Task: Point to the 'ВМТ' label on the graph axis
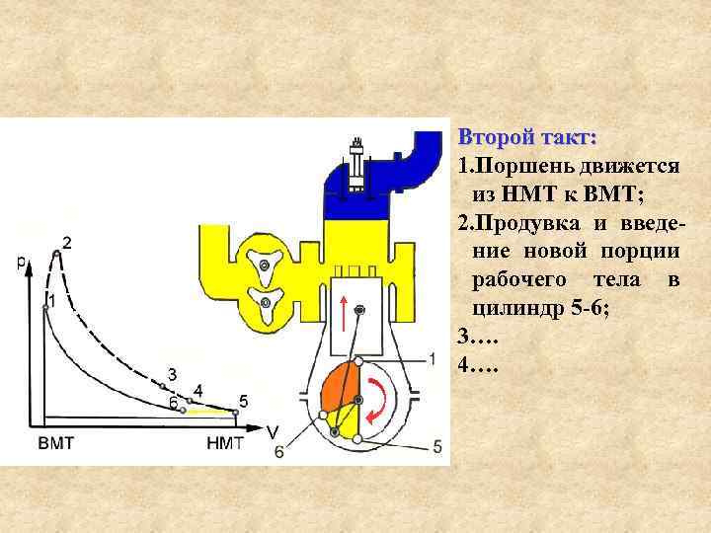click(56, 443)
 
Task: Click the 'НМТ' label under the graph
click(225, 443)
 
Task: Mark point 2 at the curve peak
click(58, 254)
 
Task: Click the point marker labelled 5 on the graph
click(235, 411)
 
